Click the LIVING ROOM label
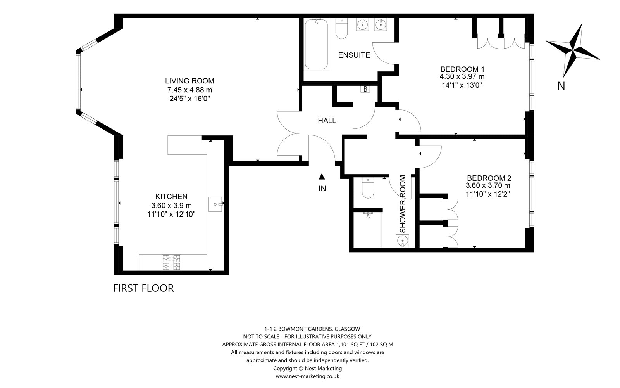(189, 81)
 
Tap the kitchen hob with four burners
(171, 262)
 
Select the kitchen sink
(215, 204)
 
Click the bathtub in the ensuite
(316, 44)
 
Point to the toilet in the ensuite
(341, 28)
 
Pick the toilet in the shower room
(368, 188)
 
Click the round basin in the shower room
(402, 241)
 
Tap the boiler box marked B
(365, 89)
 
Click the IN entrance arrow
(322, 176)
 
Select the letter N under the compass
(561, 86)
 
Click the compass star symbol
(573, 50)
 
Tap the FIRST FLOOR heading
(143, 288)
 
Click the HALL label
(327, 121)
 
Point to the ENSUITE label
(354, 55)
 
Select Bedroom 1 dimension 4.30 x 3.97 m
(462, 76)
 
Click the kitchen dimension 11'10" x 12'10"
(171, 214)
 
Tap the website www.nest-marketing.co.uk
(308, 376)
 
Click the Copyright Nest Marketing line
(308, 368)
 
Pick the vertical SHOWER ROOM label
(403, 204)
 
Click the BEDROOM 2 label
(489, 178)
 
